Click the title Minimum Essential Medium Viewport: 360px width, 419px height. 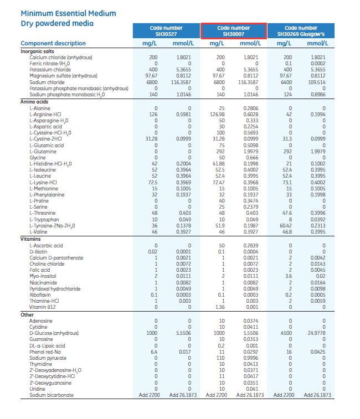[68, 13]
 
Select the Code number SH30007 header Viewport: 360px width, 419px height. [233, 31]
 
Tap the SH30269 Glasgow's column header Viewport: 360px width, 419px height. [300, 31]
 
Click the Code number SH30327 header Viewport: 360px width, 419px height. [166, 31]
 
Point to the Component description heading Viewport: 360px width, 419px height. [53, 43]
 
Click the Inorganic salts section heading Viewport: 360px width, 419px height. [37, 51]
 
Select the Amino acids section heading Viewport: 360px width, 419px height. [34, 102]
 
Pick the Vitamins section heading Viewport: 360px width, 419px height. [31, 239]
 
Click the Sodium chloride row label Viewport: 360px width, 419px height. [50, 82]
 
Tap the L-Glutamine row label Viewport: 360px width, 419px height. [43, 151]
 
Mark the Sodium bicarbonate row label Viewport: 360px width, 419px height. [52, 395]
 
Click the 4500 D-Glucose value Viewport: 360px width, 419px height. [287, 333]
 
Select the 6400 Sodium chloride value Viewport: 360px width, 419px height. [287, 82]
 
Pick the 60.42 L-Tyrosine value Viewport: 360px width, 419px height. [285, 226]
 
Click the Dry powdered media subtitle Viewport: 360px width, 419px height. [57, 23]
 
